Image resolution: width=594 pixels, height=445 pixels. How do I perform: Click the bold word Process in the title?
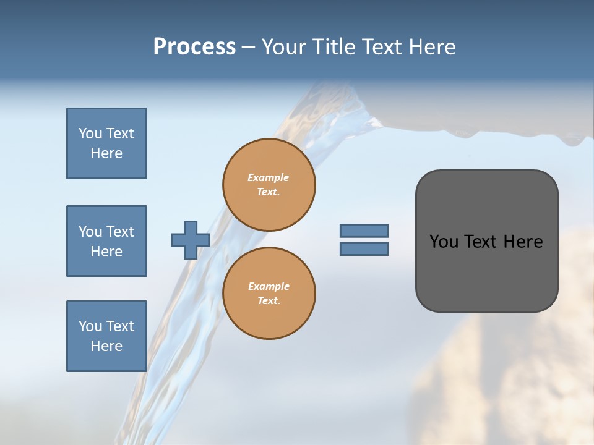194,47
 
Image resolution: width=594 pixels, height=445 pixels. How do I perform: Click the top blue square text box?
106,143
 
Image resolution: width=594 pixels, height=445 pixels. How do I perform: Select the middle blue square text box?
106,241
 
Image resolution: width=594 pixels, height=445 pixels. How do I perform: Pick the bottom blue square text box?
106,336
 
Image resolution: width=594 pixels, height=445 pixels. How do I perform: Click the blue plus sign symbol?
191,240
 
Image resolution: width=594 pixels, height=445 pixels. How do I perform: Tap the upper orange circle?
269,185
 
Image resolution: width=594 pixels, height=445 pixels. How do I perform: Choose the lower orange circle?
269,294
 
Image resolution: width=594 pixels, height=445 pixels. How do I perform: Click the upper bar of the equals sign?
364,231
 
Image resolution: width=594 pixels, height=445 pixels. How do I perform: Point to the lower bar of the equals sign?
364,248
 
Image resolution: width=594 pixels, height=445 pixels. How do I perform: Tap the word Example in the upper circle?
269,177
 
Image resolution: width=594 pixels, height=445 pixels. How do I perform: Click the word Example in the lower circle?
269,286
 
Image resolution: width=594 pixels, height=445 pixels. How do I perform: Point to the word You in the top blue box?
90,133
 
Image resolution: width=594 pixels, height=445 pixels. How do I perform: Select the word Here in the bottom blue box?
106,346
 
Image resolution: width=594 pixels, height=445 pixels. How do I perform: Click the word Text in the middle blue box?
120,232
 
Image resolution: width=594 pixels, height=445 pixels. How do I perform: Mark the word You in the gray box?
444,242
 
